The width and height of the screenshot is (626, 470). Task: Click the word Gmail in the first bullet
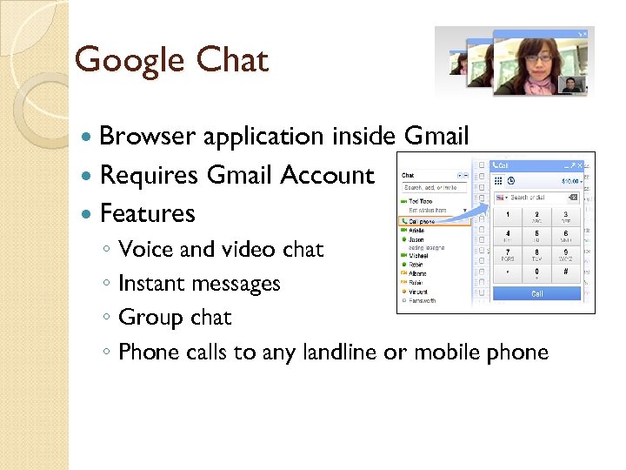[436, 137]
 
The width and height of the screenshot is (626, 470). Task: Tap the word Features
[148, 213]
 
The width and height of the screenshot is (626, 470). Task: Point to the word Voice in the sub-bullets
[145, 250]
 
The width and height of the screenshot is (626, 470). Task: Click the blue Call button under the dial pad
[536, 294]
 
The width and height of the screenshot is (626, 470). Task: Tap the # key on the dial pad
[565, 272]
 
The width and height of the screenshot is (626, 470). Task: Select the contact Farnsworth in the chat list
[423, 300]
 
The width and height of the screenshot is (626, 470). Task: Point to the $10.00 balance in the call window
[569, 181]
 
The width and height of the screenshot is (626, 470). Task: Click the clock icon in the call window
[511, 181]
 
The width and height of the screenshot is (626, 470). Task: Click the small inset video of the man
[571, 84]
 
